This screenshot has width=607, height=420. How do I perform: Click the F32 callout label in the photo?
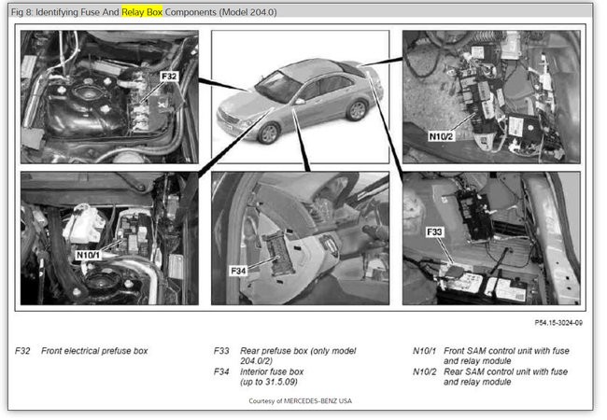(169, 74)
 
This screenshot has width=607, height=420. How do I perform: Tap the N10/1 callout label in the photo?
(88, 254)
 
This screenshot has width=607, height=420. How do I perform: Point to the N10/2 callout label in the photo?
(442, 134)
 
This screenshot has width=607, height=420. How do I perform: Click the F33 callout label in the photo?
(434, 231)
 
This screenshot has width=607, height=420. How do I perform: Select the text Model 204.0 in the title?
(247, 12)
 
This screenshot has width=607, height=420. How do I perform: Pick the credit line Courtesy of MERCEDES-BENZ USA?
(301, 400)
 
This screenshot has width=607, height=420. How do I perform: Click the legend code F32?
(23, 351)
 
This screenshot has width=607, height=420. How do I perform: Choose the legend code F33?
(222, 351)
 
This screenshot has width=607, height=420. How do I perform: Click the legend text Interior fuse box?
(286, 371)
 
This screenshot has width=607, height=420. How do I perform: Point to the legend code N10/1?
(425, 351)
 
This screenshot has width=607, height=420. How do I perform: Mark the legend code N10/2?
(425, 371)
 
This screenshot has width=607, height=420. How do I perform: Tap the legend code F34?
(222, 371)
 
